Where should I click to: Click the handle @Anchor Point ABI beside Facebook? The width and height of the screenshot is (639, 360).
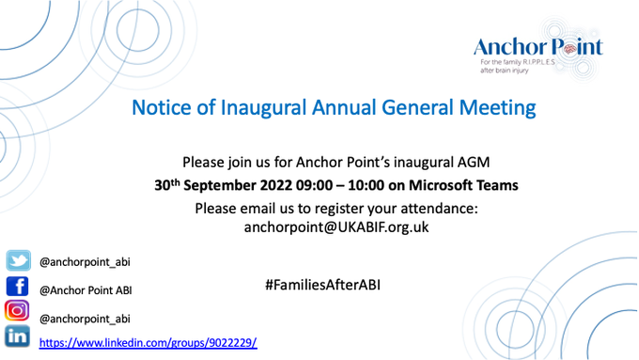(87, 290)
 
